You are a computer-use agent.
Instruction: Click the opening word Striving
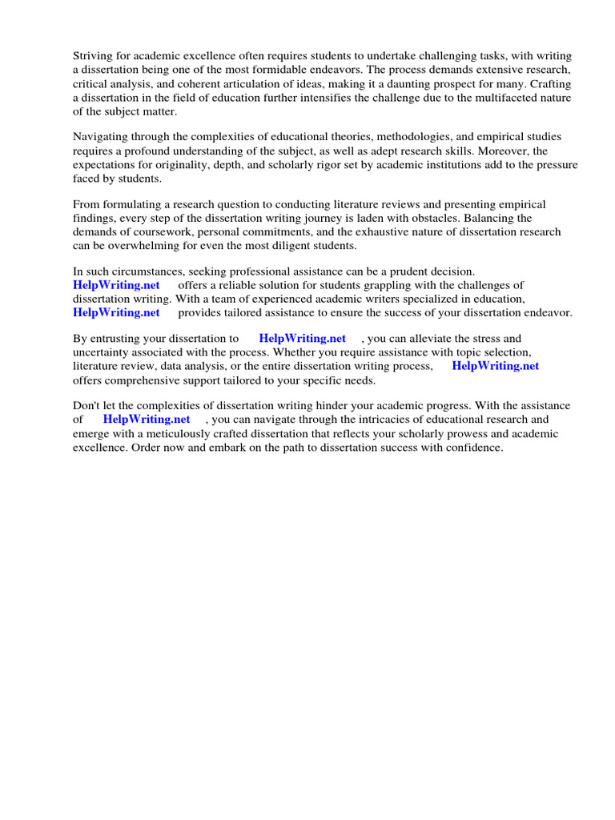click(94, 56)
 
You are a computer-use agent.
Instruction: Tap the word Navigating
click(102, 138)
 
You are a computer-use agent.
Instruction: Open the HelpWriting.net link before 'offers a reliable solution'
click(116, 286)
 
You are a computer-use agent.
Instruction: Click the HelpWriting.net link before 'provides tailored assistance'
click(116, 313)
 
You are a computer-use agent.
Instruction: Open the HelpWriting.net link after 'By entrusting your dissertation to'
click(302, 340)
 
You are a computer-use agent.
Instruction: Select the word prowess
click(448, 434)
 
